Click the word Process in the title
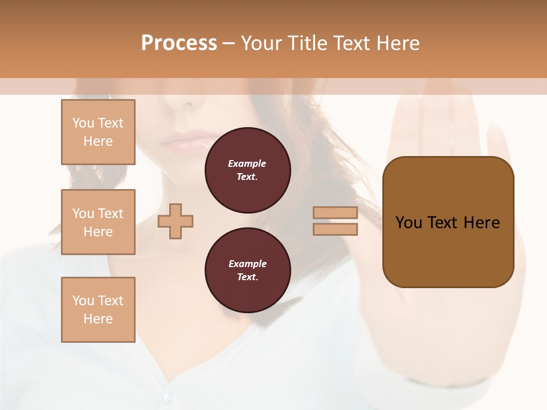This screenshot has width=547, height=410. coord(179,43)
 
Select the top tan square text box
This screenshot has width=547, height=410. coord(98,132)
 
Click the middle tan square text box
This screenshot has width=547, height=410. coord(98,222)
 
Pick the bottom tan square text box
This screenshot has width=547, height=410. coord(98,310)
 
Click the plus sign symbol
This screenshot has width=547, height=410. coord(175,221)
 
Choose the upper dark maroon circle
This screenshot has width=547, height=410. coord(247,170)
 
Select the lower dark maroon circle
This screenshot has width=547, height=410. coord(247,270)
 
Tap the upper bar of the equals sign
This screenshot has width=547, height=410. coord(335,212)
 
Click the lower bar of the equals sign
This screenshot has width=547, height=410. coord(335,229)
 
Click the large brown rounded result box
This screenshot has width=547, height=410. coord(448,251)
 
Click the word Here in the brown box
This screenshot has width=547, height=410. coord(481,223)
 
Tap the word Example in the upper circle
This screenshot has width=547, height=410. coord(247,163)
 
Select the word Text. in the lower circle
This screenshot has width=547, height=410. coord(247,277)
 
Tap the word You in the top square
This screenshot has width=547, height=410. coord(83,123)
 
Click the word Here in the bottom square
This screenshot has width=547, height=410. coord(98,319)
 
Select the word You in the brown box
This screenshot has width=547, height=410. coord(409,223)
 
